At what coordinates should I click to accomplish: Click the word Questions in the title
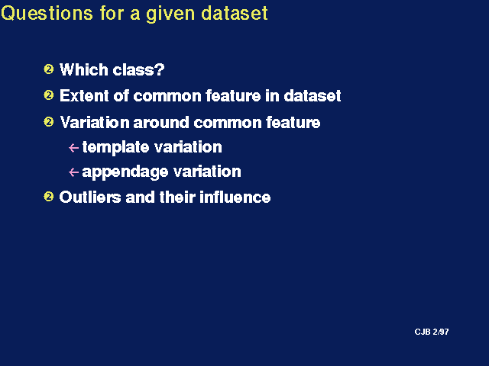click(x=47, y=14)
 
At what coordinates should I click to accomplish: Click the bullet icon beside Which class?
click(x=49, y=69)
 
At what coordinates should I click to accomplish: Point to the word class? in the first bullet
click(x=138, y=69)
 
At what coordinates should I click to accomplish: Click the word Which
click(x=83, y=69)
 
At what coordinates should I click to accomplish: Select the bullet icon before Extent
click(x=49, y=95)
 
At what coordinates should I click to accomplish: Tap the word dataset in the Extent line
click(x=313, y=95)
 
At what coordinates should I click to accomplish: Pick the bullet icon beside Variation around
click(x=49, y=121)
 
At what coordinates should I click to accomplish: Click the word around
click(x=161, y=122)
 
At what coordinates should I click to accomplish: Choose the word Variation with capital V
click(x=95, y=122)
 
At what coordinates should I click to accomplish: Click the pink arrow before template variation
click(x=73, y=147)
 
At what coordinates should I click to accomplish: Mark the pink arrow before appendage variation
click(x=73, y=172)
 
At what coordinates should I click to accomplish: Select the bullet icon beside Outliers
click(x=49, y=197)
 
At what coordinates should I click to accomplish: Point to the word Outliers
click(x=90, y=197)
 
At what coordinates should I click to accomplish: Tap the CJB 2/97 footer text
click(x=432, y=332)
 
